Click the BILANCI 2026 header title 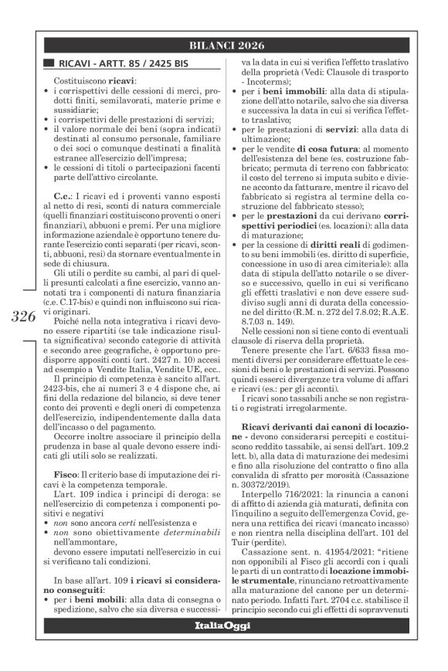coord(224,46)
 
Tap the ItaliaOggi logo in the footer coord(224,644)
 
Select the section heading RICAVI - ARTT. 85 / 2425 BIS coord(117,64)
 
